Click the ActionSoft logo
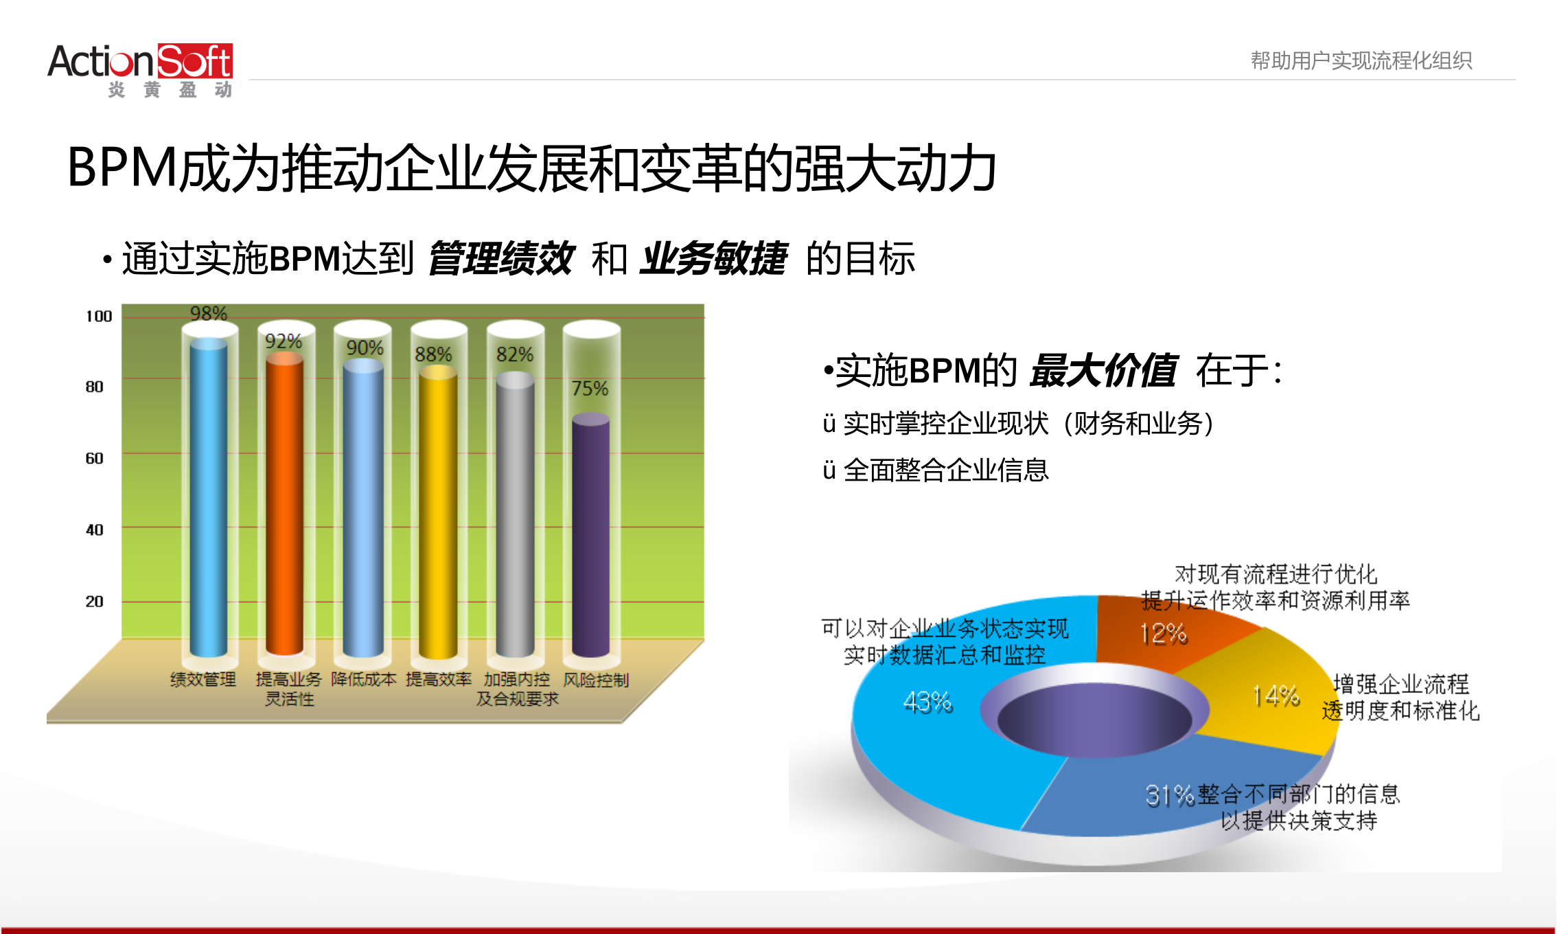pos(141,69)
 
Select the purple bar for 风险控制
pos(590,536)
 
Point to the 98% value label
pos(209,314)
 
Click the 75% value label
pos(590,389)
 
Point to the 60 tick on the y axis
pos(94,458)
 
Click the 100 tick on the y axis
pos(98,316)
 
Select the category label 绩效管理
pos(203,679)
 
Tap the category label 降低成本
pos(363,679)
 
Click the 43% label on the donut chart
pos(927,702)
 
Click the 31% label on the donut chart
pos(1169,795)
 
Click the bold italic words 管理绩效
pos(500,259)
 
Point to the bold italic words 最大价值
pos(1103,371)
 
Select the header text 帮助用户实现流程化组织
pos(1361,60)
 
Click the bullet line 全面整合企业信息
pos(945,470)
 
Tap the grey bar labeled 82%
pos(515,515)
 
